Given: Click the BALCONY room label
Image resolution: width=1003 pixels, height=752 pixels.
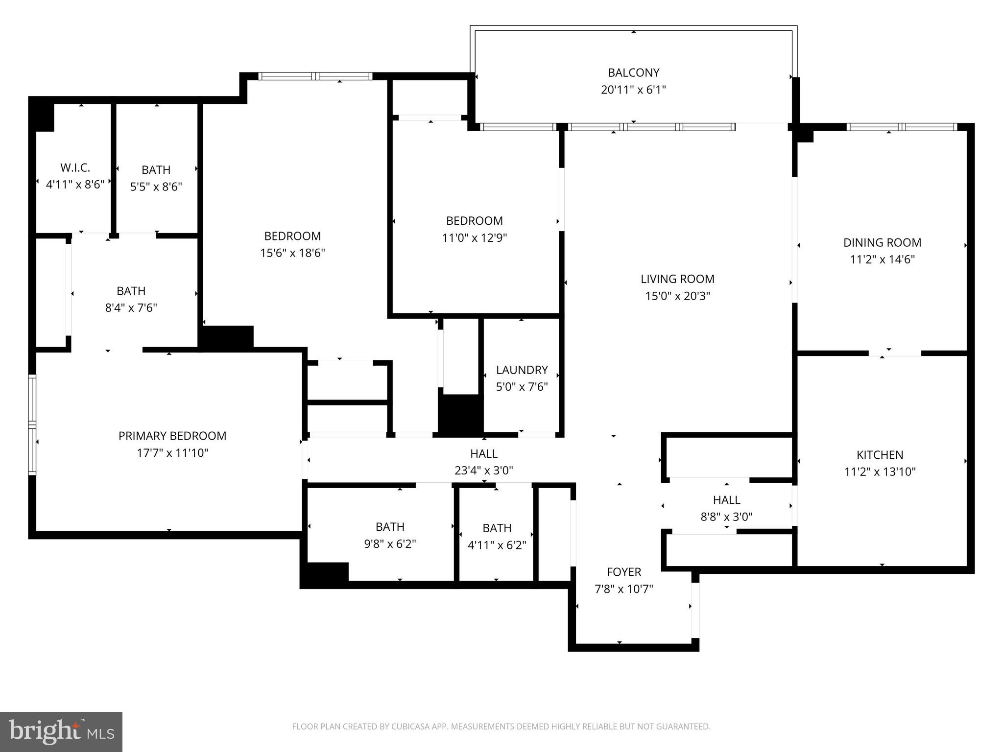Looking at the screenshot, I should tap(633, 72).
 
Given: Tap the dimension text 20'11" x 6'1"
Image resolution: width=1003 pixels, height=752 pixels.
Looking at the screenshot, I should tap(633, 90).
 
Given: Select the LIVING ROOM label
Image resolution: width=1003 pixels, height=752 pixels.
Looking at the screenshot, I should tap(677, 279).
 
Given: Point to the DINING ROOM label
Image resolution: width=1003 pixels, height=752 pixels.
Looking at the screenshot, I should tap(882, 242).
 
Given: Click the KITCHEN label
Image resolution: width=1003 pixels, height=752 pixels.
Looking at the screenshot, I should tap(880, 455).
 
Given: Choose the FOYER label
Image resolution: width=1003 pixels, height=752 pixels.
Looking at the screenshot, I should tap(623, 572).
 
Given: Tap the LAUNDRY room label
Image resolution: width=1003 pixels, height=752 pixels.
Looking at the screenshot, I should tap(522, 370).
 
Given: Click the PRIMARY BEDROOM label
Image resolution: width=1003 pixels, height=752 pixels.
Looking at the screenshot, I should tap(172, 436).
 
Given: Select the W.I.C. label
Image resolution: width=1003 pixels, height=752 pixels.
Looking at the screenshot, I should tap(75, 168).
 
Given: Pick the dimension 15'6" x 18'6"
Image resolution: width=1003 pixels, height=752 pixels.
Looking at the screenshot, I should tap(292, 253).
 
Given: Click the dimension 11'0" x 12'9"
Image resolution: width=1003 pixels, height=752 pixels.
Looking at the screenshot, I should tap(474, 238).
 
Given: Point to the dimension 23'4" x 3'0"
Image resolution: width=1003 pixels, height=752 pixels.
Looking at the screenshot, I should tap(484, 470).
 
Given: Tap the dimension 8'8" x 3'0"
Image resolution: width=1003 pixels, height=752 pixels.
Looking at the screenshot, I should tap(726, 517).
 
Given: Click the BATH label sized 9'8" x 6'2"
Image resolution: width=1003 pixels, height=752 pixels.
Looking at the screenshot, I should tap(390, 527).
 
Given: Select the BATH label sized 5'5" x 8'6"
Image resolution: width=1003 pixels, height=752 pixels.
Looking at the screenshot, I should tap(156, 170).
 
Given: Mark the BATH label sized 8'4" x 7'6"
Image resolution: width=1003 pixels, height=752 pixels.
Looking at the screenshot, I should tap(131, 291).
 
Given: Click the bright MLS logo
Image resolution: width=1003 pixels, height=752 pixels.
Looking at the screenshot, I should tap(61, 731).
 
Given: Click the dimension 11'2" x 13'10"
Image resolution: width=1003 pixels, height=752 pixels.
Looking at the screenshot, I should tap(880, 471).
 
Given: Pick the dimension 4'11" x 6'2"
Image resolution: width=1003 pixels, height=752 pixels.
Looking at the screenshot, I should tap(497, 545).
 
